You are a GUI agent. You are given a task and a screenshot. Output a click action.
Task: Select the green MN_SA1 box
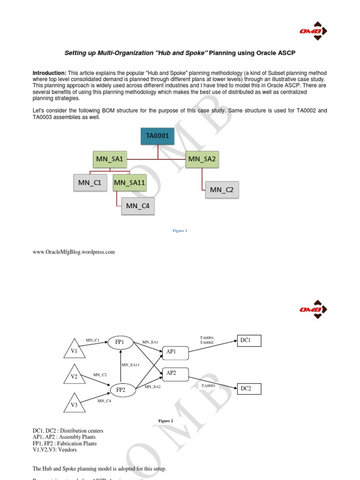coord(110,159)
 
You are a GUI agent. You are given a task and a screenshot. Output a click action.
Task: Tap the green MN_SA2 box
coord(202,159)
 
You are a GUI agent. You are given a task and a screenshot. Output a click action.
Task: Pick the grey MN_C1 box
coord(90,182)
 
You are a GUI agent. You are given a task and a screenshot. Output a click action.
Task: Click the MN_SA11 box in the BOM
coord(129,182)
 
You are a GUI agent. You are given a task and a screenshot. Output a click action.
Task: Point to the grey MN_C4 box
coord(138,205)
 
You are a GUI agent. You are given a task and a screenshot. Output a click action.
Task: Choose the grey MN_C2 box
coord(222,190)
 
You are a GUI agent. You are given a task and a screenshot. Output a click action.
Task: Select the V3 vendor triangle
coord(75,403)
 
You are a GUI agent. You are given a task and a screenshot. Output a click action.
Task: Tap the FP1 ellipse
coord(120,342)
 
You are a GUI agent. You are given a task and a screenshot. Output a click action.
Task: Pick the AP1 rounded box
coord(175,352)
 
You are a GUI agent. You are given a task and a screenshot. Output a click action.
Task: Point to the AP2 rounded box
coord(175,373)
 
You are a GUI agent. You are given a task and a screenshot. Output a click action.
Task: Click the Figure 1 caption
coord(180,231)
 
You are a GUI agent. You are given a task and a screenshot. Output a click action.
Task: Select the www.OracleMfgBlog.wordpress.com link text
coord(74,252)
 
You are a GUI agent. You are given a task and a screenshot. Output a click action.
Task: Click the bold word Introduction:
coord(49,73)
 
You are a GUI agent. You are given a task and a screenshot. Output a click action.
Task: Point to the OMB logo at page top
coord(313,31)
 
